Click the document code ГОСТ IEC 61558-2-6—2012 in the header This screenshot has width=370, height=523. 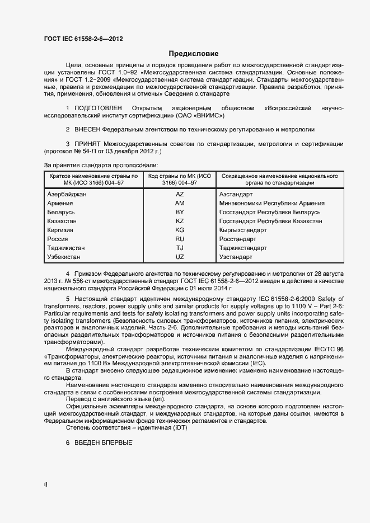click(83, 39)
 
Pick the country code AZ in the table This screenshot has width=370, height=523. click(180, 194)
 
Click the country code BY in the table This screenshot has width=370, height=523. click(180, 212)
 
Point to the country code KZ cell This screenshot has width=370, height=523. click(180, 221)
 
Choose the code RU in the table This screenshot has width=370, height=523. click(180, 239)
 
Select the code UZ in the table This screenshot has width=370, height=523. click(180, 257)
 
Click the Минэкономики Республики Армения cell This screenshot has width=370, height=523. click(272, 203)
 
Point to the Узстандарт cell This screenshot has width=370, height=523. click(236, 257)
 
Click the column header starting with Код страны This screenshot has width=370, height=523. click(179, 179)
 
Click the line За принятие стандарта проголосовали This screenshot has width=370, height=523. click(101, 165)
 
